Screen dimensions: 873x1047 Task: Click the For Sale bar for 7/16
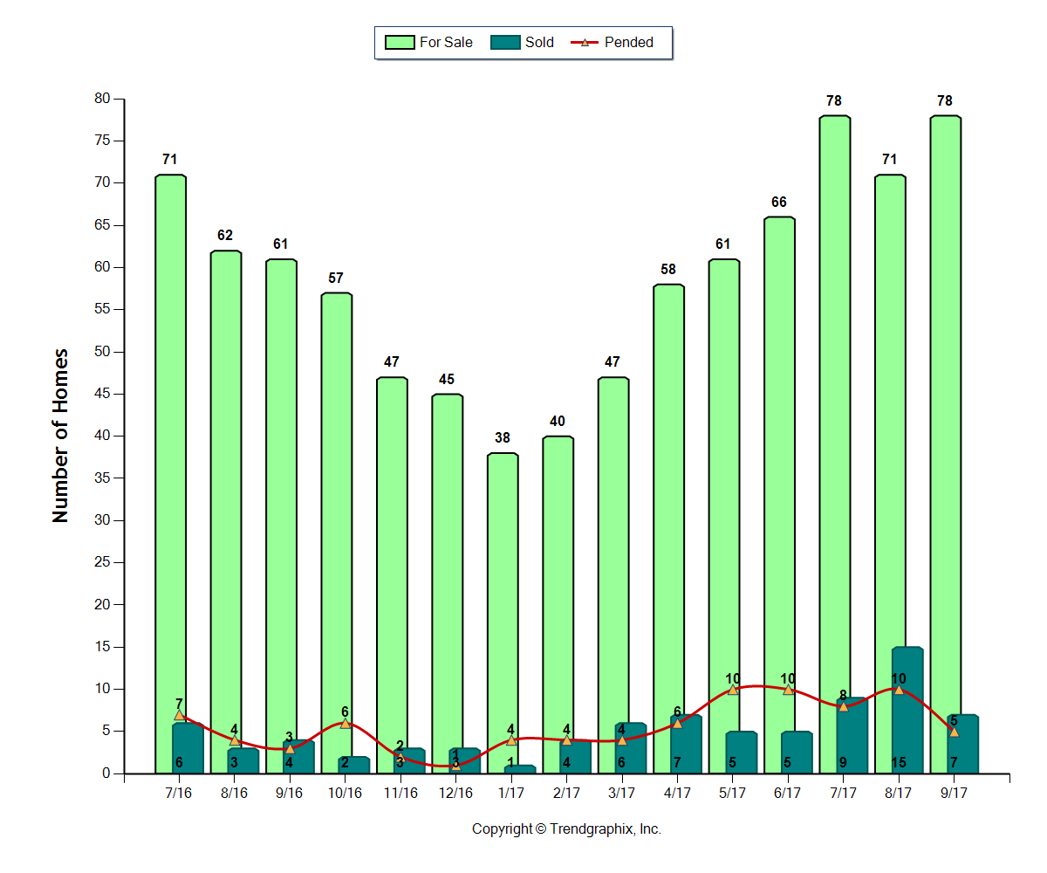pos(170,436)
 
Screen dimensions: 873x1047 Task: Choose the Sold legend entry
pos(523,42)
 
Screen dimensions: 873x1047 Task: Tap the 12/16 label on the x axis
pos(455,793)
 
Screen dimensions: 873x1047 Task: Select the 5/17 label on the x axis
pos(732,793)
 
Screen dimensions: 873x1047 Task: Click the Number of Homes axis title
pos(60,436)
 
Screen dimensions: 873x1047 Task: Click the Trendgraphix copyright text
pos(566,829)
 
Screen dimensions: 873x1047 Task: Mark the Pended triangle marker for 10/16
pos(346,723)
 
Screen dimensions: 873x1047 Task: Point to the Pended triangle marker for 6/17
pos(788,689)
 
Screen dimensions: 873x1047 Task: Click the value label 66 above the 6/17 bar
pos(779,203)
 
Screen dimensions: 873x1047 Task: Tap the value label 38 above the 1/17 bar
pos(503,438)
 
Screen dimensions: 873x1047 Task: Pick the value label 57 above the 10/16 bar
pos(336,278)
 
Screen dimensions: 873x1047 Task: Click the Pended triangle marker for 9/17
pos(954,731)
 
